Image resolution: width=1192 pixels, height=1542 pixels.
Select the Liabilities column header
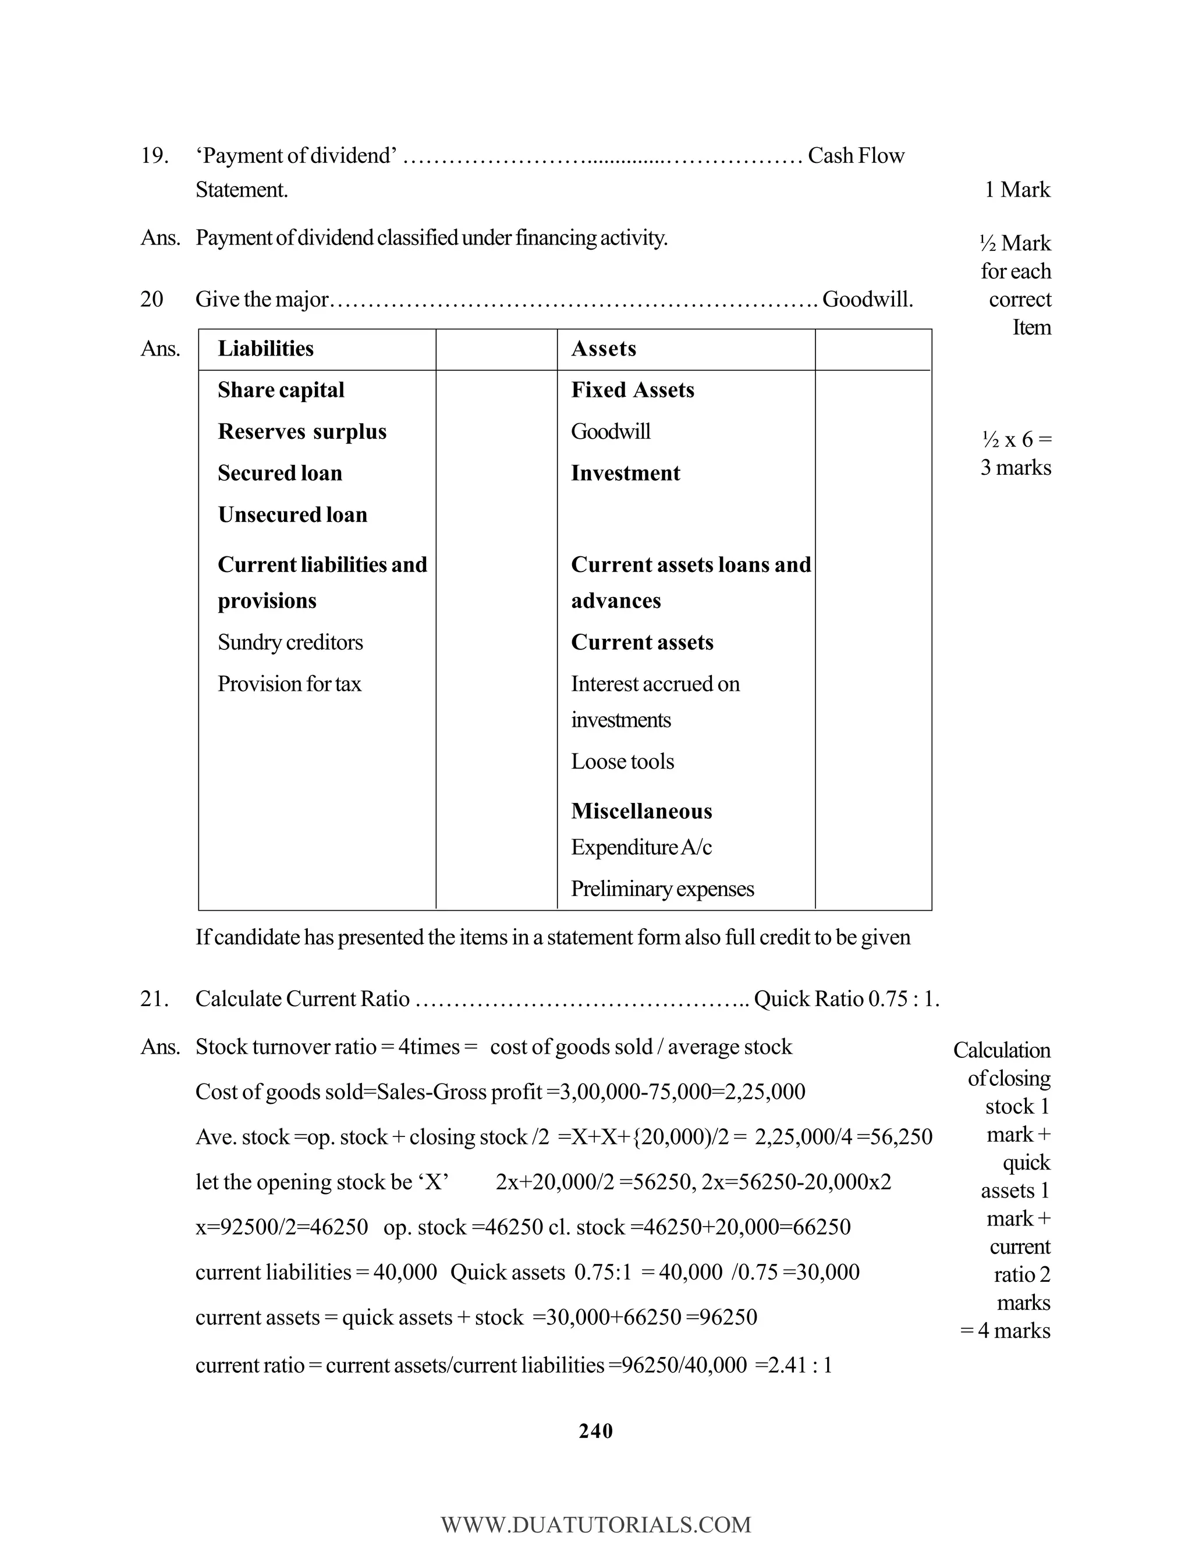click(x=265, y=349)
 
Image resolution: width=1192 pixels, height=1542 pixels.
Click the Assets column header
click(x=603, y=349)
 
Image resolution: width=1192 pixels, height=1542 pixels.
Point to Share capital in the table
click(x=281, y=390)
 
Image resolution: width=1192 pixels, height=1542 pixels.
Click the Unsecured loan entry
click(x=292, y=515)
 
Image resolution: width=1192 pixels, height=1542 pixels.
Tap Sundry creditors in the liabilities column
click(x=290, y=642)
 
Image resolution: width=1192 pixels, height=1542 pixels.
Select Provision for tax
click(x=289, y=684)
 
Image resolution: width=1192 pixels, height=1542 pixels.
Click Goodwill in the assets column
click(x=610, y=431)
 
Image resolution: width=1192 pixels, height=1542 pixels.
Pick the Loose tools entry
click(x=622, y=762)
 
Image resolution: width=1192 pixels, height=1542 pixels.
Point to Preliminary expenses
click(x=662, y=889)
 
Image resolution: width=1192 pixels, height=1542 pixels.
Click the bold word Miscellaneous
click(x=641, y=811)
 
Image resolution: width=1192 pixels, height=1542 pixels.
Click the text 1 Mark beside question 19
click(x=1017, y=190)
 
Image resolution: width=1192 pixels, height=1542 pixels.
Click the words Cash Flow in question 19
click(x=855, y=156)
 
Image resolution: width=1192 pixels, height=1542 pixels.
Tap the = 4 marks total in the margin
click(x=1006, y=1331)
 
